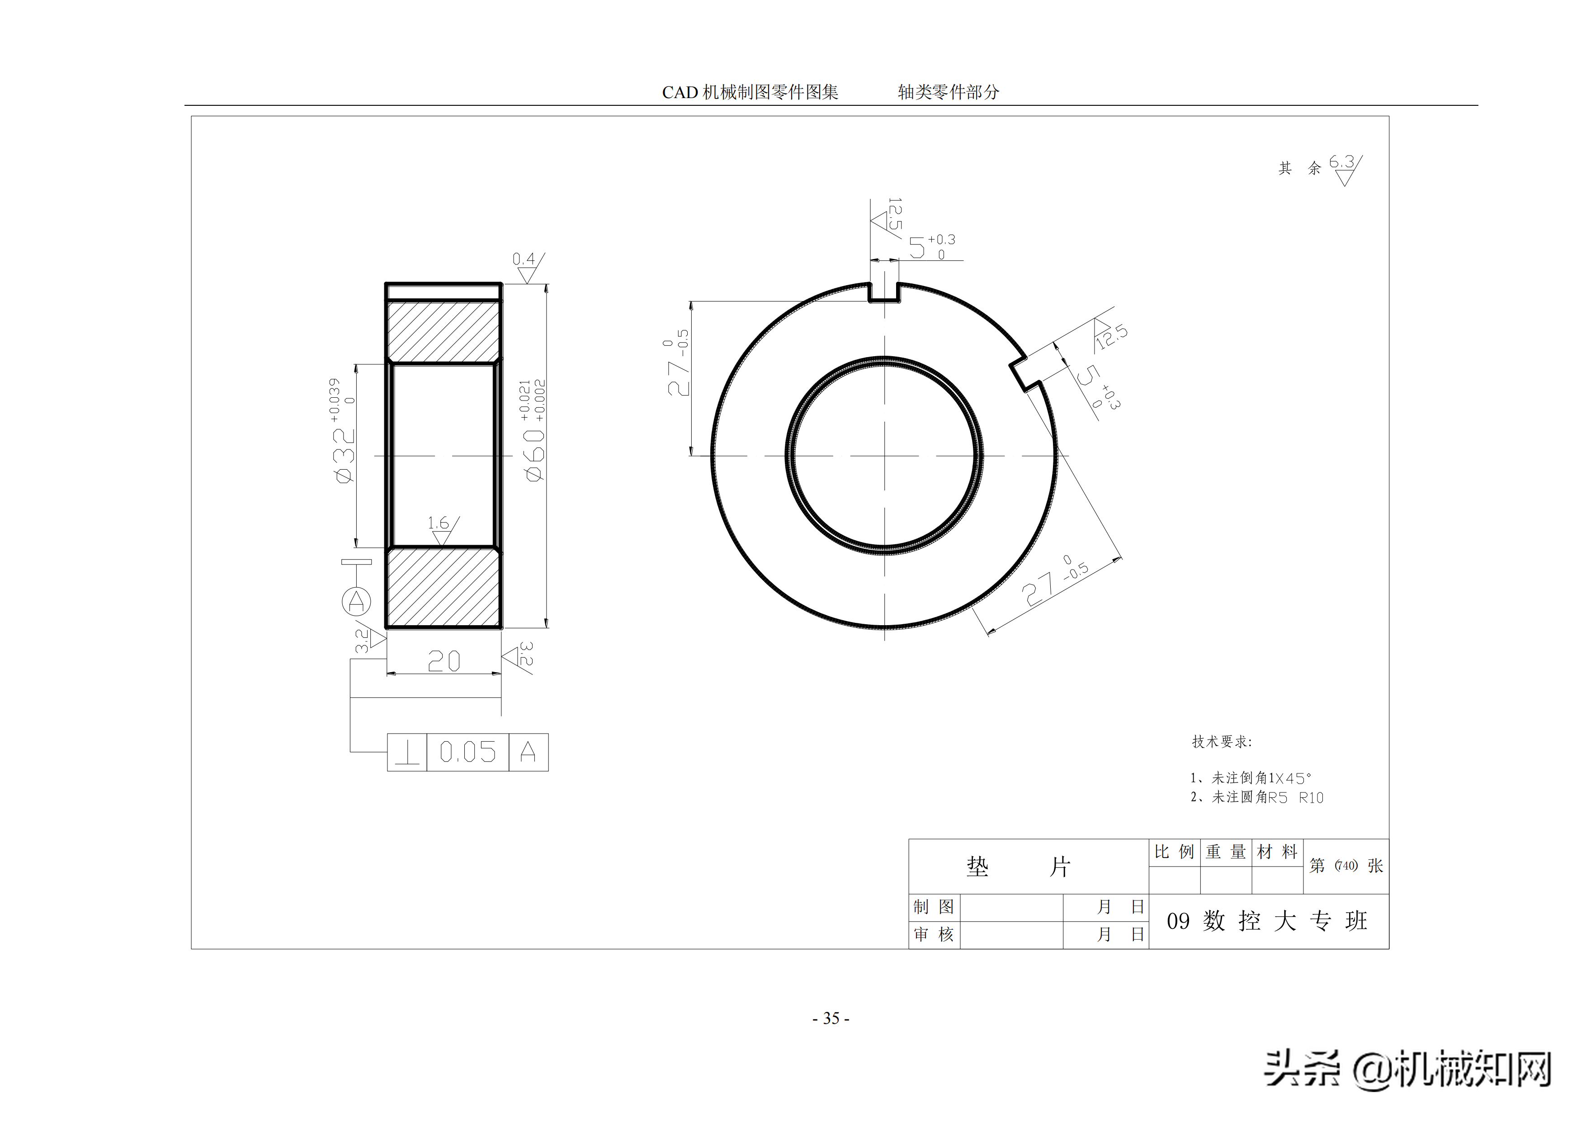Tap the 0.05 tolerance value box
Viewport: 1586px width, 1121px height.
coord(467,752)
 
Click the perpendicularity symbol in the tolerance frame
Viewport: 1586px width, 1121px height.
coord(407,752)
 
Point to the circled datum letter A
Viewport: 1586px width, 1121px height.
coord(356,601)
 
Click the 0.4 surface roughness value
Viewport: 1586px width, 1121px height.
coord(523,259)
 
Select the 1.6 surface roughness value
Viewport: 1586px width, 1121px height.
coord(437,523)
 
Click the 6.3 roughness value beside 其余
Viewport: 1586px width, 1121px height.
coord(1341,162)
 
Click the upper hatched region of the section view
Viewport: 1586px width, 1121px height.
coord(443,331)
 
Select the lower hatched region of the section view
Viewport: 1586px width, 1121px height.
coord(443,587)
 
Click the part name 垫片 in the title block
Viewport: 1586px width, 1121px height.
coord(1019,866)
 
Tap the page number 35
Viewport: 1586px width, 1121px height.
coord(831,1018)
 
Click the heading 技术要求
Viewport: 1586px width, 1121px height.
coord(1221,742)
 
